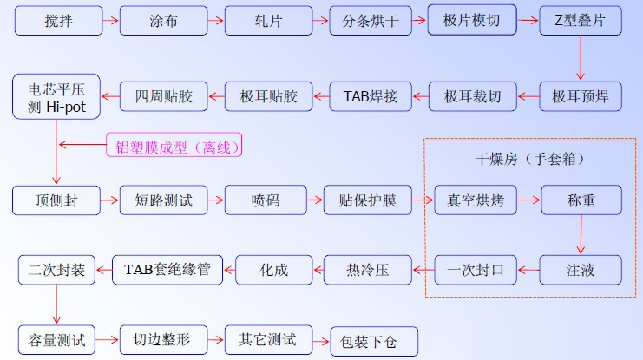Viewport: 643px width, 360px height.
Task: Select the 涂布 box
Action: pyautogui.click(x=163, y=20)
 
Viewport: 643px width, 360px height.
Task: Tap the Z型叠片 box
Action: pyautogui.click(x=581, y=20)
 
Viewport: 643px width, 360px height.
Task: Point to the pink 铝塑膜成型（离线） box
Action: pyautogui.click(x=174, y=146)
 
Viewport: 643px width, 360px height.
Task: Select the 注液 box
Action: pyautogui.click(x=581, y=270)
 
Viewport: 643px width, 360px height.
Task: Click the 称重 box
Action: pyautogui.click(x=581, y=200)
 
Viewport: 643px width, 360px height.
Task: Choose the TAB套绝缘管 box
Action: pyautogui.click(x=167, y=270)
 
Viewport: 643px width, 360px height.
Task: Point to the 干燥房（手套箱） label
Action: pyautogui.click(x=528, y=160)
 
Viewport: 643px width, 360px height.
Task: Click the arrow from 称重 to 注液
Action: pyautogui.click(x=581, y=235)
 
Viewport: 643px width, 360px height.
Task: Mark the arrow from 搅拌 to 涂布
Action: pyautogui.click(x=110, y=20)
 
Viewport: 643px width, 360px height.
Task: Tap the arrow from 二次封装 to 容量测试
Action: pyautogui.click(x=57, y=304)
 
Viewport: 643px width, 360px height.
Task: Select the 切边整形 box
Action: pyautogui.click(x=163, y=339)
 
